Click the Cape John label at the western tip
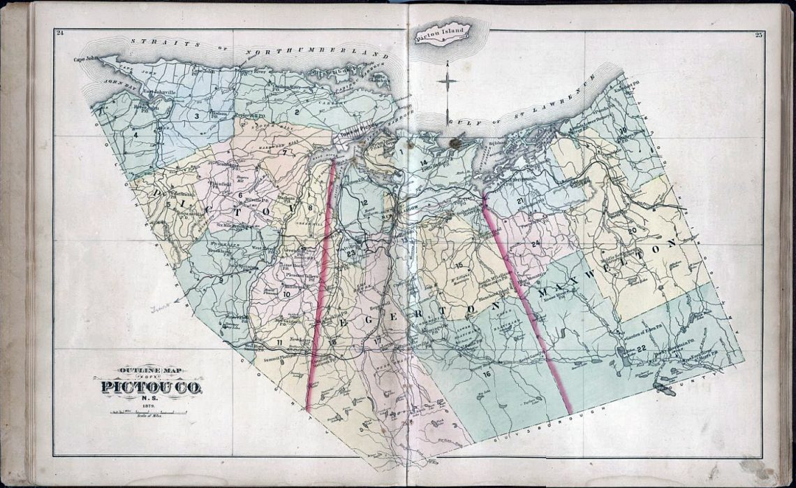click(84, 59)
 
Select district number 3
click(198, 116)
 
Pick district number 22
click(640, 347)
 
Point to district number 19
click(624, 131)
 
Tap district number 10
click(286, 294)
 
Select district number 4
click(136, 134)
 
